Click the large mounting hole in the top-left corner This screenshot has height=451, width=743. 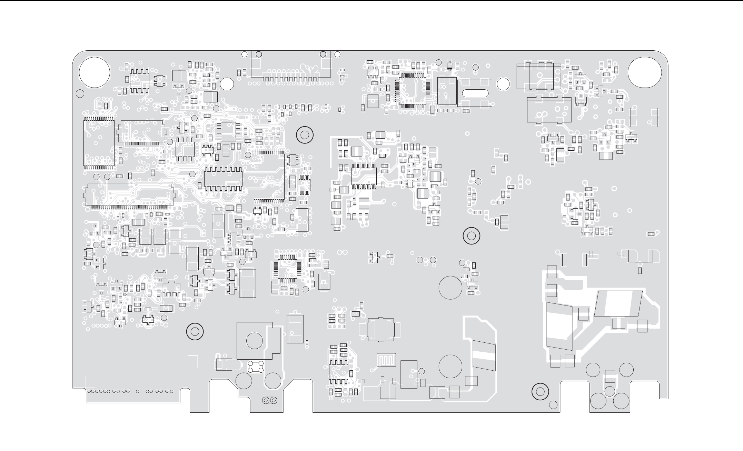[x=95, y=73]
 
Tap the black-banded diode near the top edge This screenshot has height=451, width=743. [x=449, y=66]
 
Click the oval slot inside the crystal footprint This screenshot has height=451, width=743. [x=475, y=93]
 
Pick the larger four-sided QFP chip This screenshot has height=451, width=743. [x=413, y=89]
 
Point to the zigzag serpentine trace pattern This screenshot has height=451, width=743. [x=386, y=360]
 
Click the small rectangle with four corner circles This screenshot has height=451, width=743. [x=256, y=367]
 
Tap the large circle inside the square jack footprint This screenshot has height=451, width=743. [x=255, y=341]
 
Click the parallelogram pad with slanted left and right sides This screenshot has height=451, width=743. [x=618, y=303]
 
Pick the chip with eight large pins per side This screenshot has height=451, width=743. [x=223, y=178]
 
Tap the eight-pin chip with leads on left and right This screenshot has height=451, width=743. [x=228, y=131]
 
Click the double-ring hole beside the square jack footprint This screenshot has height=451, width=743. [x=195, y=332]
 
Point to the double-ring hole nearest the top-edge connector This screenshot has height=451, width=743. [x=305, y=135]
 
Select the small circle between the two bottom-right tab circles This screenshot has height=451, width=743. [x=610, y=391]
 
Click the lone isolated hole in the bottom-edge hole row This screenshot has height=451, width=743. [x=138, y=391]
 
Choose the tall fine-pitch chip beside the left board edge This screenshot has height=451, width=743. [x=99, y=143]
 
